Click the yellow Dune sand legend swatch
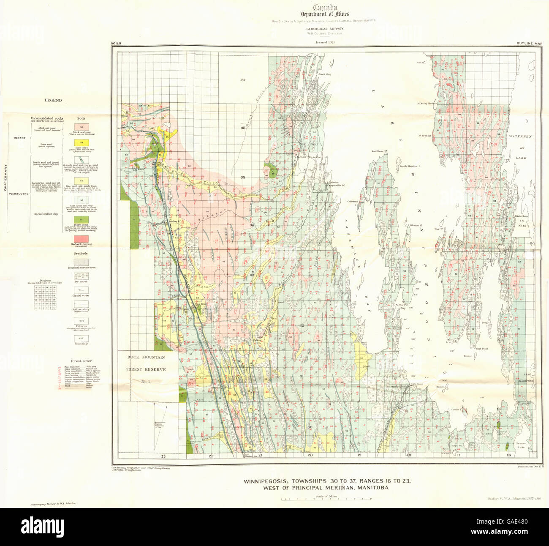[x=81, y=142]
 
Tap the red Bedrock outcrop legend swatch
[x=81, y=239]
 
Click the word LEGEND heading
[x=53, y=100]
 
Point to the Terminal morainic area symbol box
[x=81, y=262]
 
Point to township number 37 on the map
[x=243, y=80]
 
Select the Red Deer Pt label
[x=376, y=151]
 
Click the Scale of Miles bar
[x=326, y=499]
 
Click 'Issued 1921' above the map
[x=325, y=42]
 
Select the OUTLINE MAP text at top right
[x=528, y=43]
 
